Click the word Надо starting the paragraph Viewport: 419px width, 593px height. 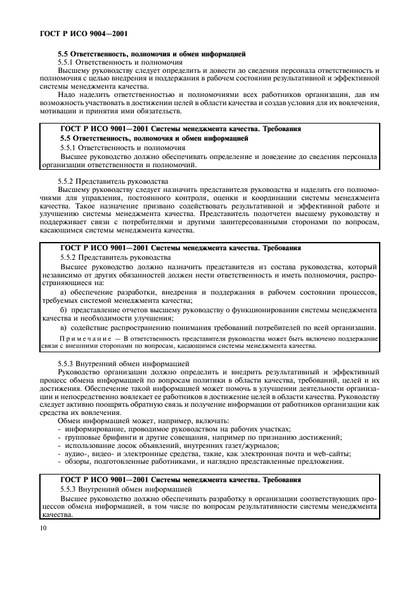[67, 95]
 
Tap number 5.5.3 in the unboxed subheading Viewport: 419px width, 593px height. [68, 364]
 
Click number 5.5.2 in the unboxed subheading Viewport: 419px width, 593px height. [68, 181]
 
